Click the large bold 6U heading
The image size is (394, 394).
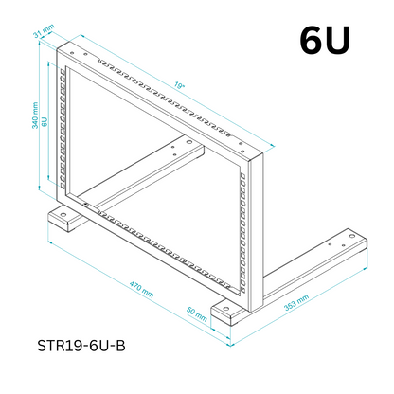click(325, 40)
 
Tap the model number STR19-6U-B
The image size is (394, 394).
click(81, 346)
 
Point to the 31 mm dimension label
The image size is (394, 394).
click(45, 30)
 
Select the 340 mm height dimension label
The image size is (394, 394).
click(35, 116)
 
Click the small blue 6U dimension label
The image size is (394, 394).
click(45, 121)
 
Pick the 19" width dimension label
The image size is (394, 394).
click(179, 85)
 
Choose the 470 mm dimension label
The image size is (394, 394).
click(141, 290)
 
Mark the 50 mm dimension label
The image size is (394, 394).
click(197, 314)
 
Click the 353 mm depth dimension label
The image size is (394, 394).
click(296, 303)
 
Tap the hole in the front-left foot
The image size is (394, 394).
click(63, 215)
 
